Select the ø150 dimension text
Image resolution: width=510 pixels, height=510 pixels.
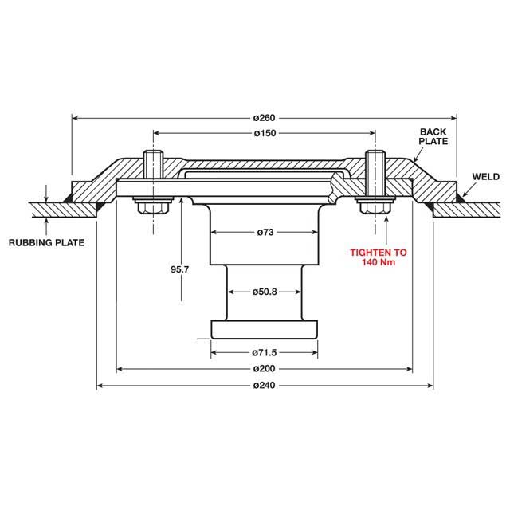265,132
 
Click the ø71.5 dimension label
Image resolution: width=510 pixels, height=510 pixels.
265,351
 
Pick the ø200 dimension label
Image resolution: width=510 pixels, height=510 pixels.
265,369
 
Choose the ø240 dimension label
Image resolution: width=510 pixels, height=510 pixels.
265,386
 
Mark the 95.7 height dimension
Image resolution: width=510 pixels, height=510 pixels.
179,270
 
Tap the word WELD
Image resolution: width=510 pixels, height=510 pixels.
485,176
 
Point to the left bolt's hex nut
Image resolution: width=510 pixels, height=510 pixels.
152,207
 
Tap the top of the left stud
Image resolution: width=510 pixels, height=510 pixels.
152,155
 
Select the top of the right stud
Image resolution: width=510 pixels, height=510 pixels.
373,155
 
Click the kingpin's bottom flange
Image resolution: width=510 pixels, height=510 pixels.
265,328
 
